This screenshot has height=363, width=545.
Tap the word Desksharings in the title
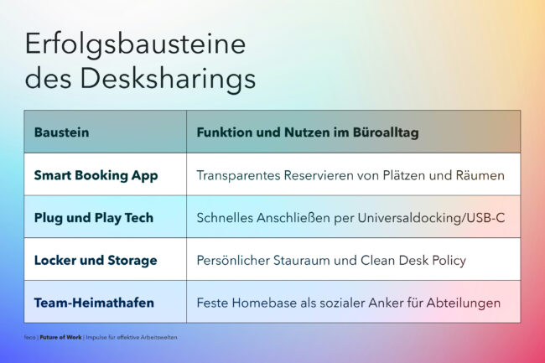pos(168,80)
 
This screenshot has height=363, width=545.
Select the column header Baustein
pos(61,132)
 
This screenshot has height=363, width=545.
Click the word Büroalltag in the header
pos(386,132)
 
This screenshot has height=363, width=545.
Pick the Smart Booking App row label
pos(96,175)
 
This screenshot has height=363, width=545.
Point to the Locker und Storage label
pos(96,261)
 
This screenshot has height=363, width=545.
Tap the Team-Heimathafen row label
pos(94,303)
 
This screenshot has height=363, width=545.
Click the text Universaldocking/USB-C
pos(431,218)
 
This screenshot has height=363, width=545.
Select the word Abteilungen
pos(464,303)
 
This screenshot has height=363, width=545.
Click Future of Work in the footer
pos(61,337)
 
